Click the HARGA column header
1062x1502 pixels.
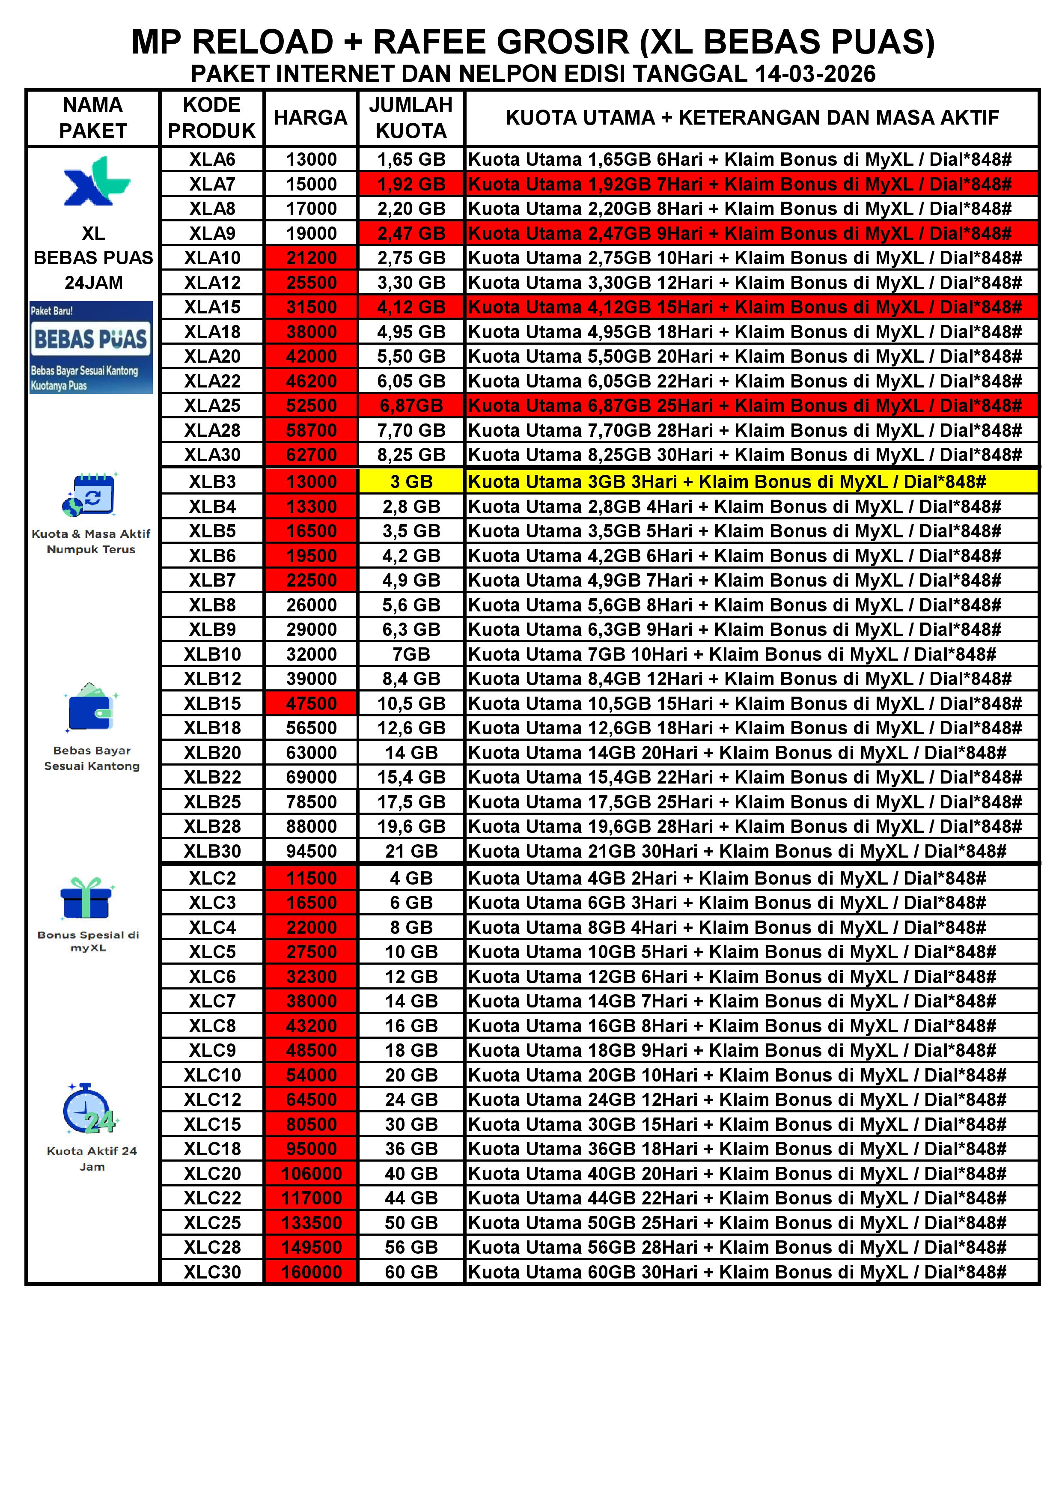[x=311, y=118]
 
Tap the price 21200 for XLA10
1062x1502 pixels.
[x=311, y=258]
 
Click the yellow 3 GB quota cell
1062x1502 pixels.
[x=411, y=482]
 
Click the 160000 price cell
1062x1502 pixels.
[x=311, y=1273]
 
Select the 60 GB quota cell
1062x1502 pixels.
[x=411, y=1273]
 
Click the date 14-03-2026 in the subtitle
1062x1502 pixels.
[x=815, y=74]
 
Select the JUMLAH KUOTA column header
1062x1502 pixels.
[x=411, y=118]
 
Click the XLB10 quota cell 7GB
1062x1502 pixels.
[x=411, y=654]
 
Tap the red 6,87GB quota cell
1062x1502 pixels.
[x=411, y=405]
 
